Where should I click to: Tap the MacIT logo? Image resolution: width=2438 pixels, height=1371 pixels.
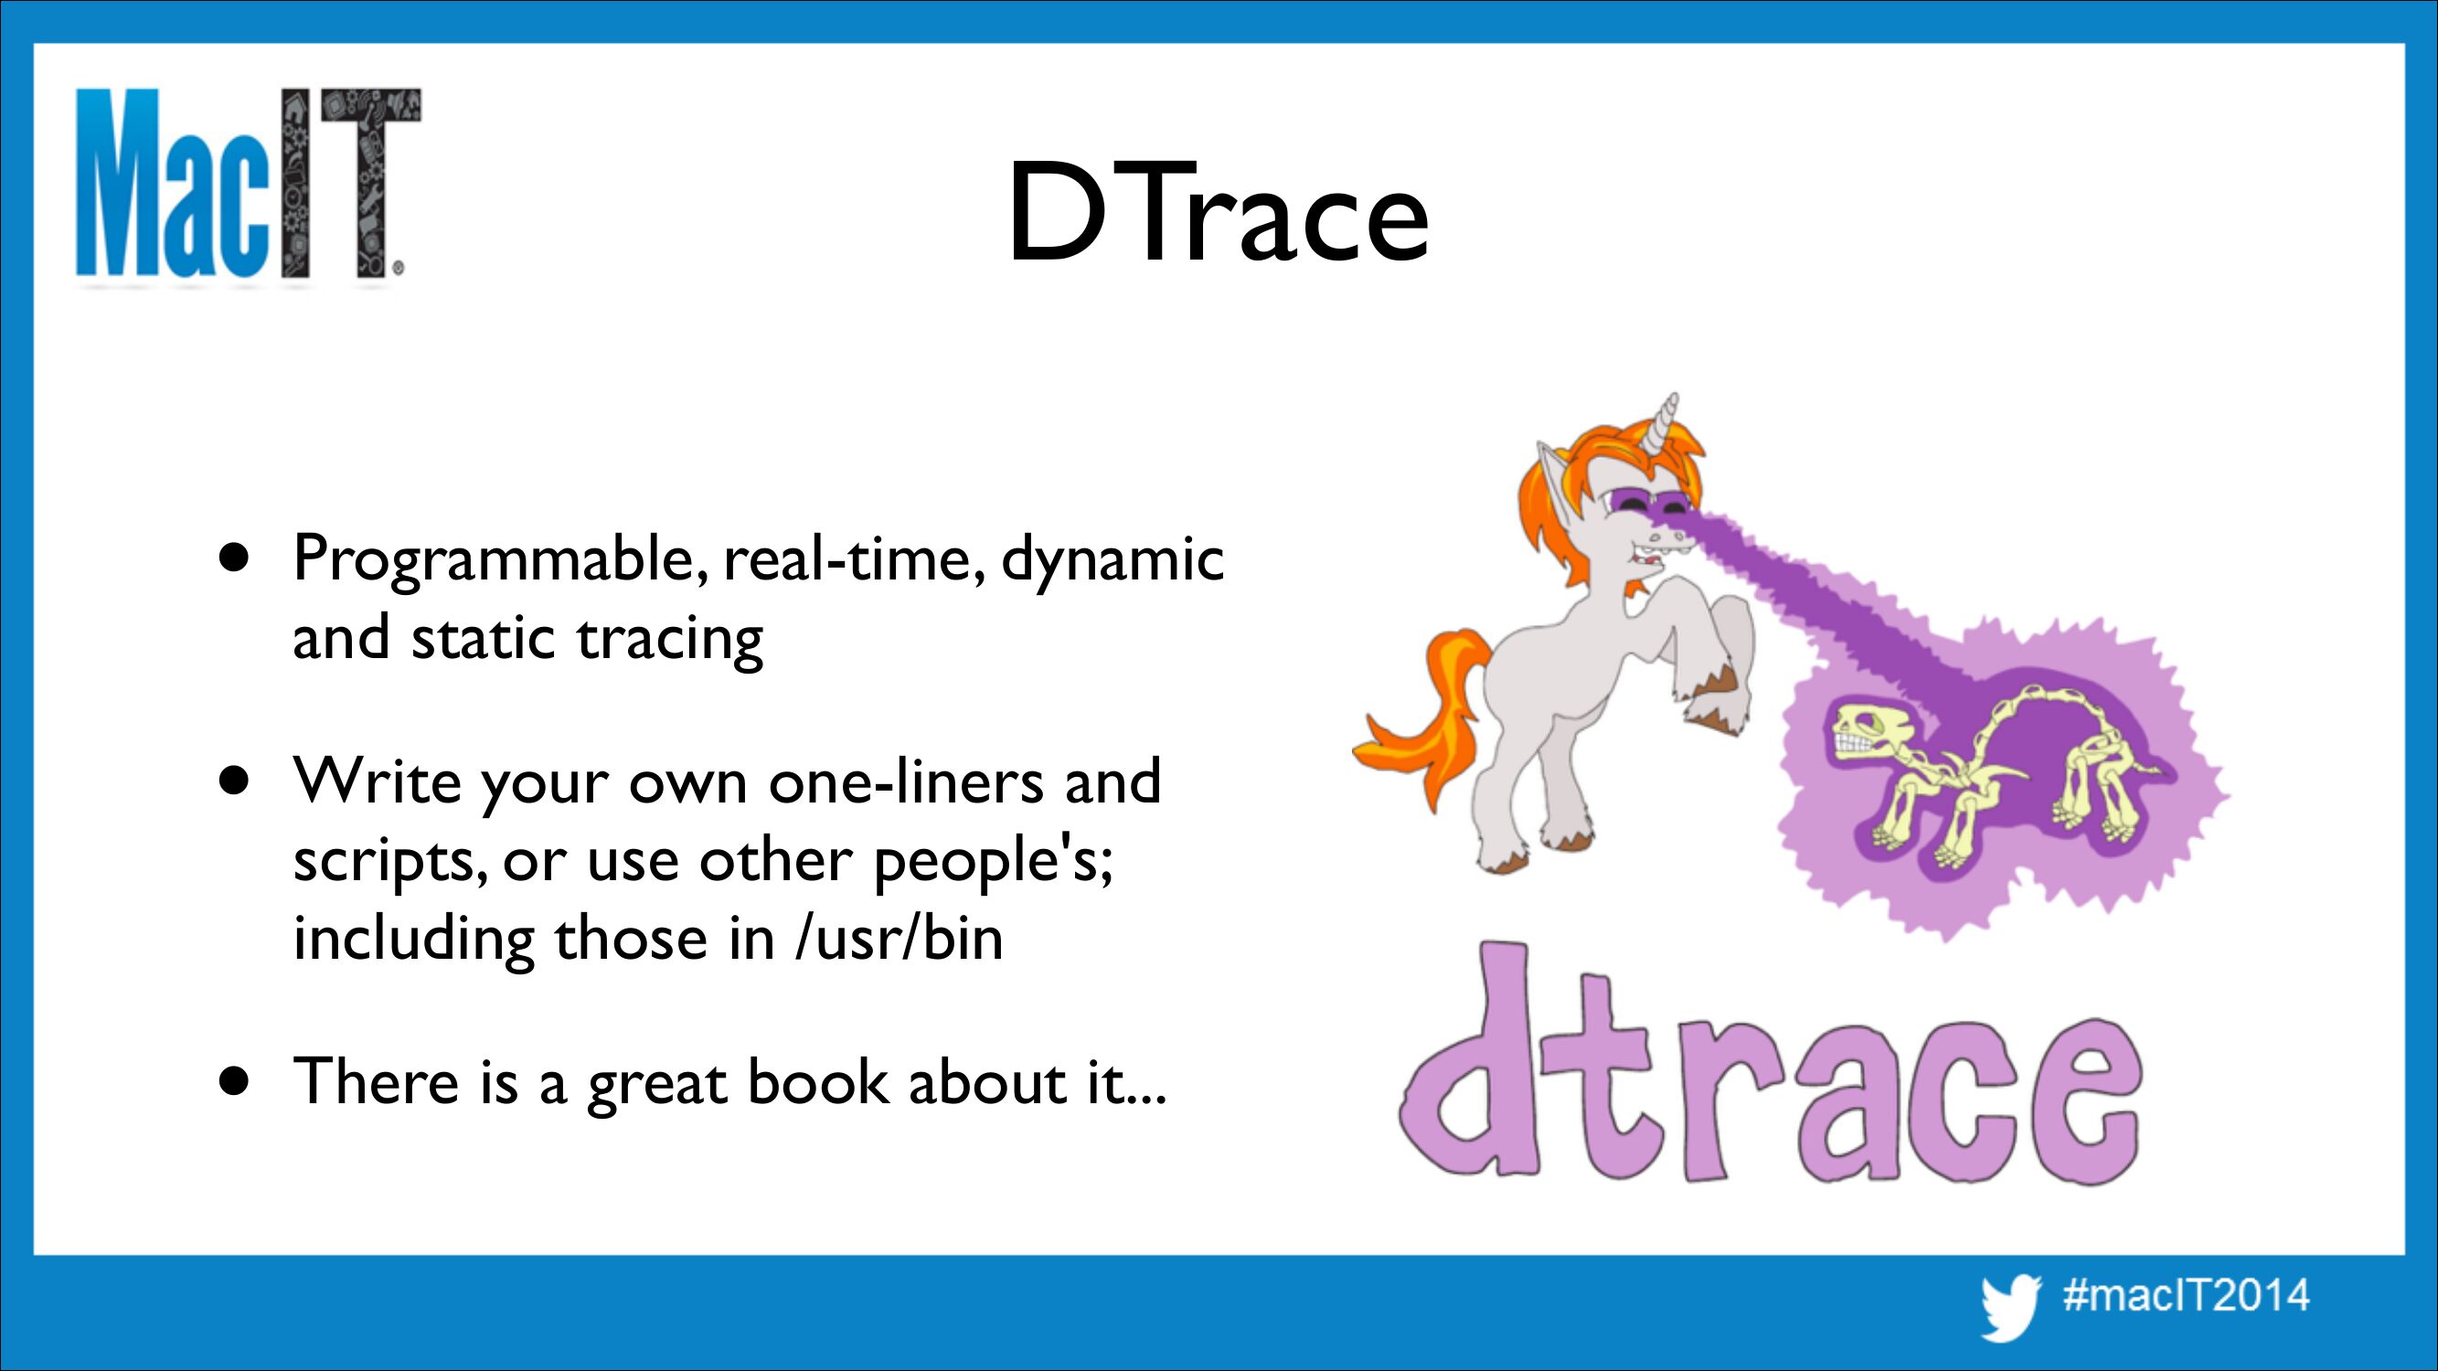[248, 186]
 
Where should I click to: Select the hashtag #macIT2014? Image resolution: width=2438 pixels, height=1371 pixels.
[2187, 1294]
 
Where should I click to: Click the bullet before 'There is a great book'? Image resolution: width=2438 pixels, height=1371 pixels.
[234, 1080]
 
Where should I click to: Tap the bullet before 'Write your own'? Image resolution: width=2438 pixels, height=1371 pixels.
[234, 782]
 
